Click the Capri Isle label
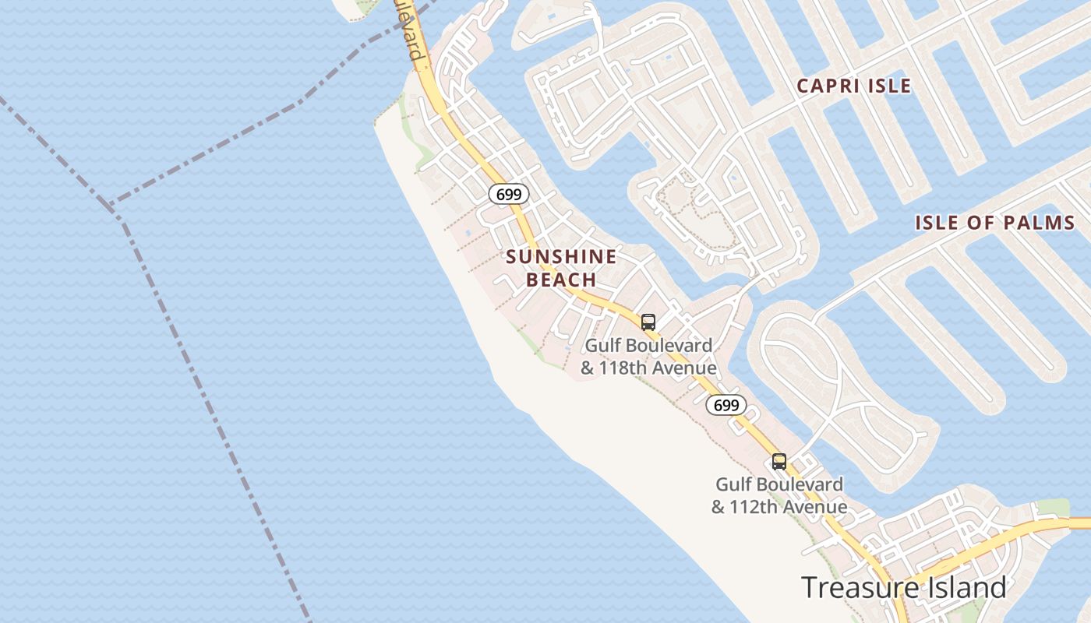853,86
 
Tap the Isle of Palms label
994,223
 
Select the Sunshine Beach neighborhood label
561,267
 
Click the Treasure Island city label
903,587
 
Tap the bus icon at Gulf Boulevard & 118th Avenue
648,322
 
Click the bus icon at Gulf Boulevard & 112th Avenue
779,461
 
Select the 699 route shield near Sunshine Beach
508,194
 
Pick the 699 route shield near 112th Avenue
726,405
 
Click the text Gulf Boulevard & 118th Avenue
648,356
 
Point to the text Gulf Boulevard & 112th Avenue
779,495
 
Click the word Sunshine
561,256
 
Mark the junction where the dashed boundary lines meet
110,206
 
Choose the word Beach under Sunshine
561,280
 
